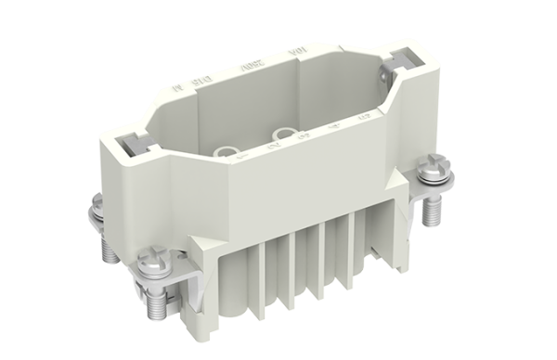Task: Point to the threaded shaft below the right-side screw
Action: click(x=431, y=212)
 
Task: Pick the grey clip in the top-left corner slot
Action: click(x=132, y=145)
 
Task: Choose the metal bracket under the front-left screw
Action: click(x=172, y=278)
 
